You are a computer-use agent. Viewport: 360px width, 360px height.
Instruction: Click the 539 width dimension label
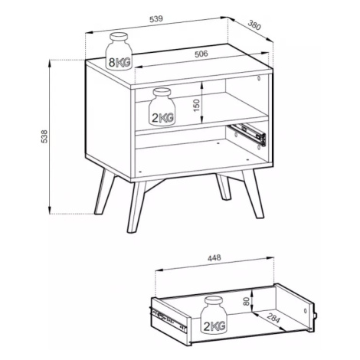pos(156,19)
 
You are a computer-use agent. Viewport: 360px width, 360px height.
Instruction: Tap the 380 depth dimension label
pos(254,25)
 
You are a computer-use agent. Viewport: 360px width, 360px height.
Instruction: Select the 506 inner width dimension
pos(201,54)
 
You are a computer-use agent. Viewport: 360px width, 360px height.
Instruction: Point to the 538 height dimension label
pos(44,136)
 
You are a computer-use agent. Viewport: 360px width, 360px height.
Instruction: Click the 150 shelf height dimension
pos(196,106)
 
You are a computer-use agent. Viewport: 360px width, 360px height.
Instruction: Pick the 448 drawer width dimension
pos(214,258)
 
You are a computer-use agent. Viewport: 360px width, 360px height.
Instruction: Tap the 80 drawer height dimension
pos(246,302)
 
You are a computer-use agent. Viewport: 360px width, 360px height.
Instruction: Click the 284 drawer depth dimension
pos(273,318)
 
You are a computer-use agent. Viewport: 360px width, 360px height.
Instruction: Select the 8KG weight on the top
pos(119,51)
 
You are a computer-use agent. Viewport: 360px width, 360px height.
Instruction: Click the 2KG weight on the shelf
pos(162,107)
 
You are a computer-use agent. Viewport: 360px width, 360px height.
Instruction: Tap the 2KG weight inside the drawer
pos(214,315)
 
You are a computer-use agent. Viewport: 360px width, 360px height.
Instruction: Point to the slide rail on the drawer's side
pos(168,320)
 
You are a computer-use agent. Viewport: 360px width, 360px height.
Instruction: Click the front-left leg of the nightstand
pos(136,207)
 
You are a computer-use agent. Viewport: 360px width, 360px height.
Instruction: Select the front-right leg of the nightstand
pos(253,194)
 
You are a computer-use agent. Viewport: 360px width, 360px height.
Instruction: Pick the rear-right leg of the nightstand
pos(224,187)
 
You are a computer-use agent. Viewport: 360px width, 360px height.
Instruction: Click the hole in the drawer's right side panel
pos(305,311)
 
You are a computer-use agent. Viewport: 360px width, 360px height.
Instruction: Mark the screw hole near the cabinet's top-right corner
pos(259,78)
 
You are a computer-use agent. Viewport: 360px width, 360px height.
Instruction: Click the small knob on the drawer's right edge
pos(316,316)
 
